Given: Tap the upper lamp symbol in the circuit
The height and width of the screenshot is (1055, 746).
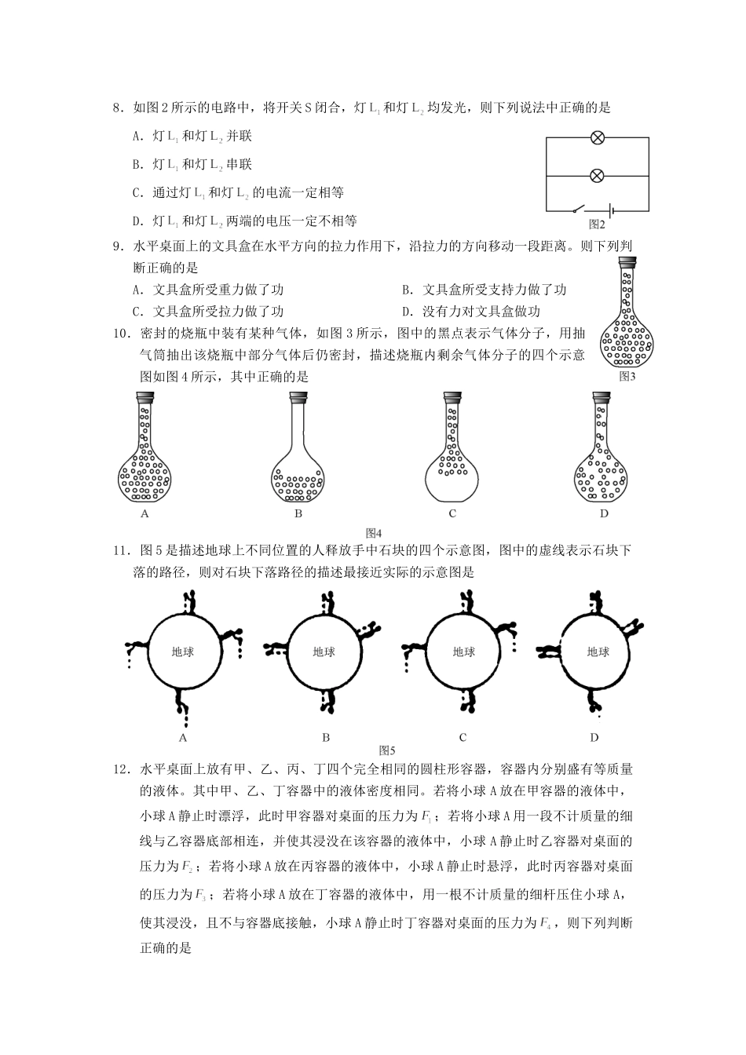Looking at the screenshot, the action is pos(597,138).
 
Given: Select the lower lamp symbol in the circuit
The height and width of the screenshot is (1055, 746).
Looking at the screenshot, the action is pos(597,175).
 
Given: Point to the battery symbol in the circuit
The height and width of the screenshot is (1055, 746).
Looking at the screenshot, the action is pos(609,210).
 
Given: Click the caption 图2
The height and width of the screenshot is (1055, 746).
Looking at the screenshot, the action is pos(597,225).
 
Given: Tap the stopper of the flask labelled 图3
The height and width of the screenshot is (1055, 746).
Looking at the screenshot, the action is pos(627,265).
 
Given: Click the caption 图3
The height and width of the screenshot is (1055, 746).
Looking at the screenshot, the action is pos(627,376).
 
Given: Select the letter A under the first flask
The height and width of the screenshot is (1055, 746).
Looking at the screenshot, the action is pos(144,513).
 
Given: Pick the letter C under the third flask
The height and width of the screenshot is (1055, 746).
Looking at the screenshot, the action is pos(452,513).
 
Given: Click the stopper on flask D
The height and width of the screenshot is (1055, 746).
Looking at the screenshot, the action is pos(601,397).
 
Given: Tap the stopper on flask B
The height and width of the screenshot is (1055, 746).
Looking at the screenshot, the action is pos(298,397).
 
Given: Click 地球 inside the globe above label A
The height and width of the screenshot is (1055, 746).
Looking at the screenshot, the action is pos(183,652).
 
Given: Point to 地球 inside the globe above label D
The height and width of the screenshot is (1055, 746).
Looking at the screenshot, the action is pos(598,652).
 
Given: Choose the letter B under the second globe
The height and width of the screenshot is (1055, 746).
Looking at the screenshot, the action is pos(326,737).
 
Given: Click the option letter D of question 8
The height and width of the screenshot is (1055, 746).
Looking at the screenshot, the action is pos(137,221).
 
